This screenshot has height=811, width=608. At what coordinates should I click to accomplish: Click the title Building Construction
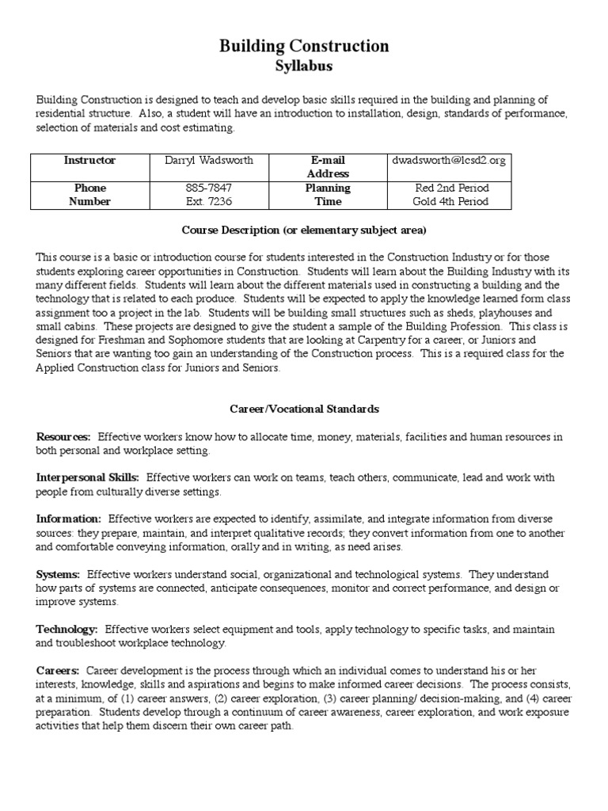(x=304, y=46)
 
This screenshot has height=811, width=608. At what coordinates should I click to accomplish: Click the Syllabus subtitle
(x=304, y=66)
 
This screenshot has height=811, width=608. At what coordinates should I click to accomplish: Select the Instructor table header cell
(x=89, y=160)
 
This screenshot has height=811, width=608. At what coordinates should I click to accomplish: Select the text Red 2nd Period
(x=451, y=188)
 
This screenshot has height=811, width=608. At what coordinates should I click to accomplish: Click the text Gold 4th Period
(x=451, y=201)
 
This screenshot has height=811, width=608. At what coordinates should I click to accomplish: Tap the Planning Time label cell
(x=328, y=195)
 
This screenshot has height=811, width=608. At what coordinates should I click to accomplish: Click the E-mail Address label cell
(x=328, y=166)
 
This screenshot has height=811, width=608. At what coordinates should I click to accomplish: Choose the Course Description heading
(x=304, y=230)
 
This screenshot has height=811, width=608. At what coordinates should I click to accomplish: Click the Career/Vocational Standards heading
(x=304, y=409)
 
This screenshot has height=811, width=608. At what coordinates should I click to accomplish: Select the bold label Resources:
(x=63, y=436)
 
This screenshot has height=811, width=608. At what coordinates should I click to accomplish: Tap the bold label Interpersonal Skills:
(x=88, y=478)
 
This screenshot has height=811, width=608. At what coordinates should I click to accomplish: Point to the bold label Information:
(x=68, y=519)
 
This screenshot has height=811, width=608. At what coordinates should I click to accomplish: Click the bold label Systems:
(x=58, y=573)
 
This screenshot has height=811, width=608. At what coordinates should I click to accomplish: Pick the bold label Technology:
(x=66, y=629)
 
